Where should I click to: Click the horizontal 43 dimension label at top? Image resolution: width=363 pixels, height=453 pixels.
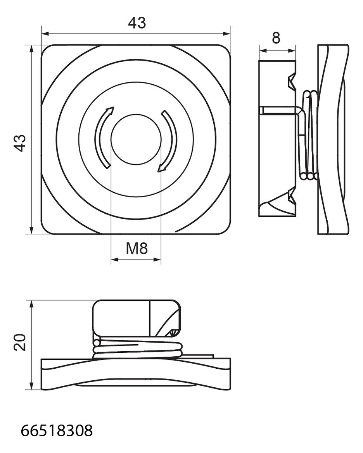tap(137, 23)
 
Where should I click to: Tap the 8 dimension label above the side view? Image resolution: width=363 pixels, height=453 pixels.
tap(276, 38)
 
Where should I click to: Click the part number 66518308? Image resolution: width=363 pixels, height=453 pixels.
tap(57, 430)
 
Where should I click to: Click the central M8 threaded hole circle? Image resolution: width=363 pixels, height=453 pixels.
tap(136, 140)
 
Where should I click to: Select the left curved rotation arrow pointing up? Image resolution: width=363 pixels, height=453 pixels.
tap(103, 138)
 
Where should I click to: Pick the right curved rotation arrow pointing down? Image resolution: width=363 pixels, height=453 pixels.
tap(168, 141)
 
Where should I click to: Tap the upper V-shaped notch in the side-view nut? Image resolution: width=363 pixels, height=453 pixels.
tap(292, 81)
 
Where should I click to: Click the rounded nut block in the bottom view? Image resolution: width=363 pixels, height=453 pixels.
tap(137, 318)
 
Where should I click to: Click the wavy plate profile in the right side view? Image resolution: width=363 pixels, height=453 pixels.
tap(333, 139)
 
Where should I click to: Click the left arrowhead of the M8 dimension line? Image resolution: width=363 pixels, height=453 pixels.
tap(114, 260)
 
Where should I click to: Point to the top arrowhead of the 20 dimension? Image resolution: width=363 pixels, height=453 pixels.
tap(31, 304)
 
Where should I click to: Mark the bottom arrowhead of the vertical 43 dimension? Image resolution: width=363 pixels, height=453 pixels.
tap(31, 230)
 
